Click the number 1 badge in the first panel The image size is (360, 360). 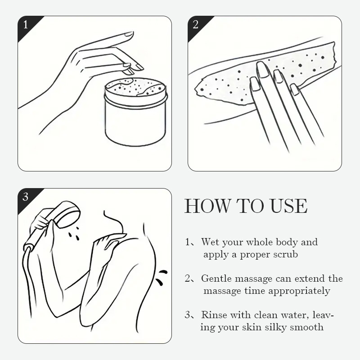click(x=26, y=25)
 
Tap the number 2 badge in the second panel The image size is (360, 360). click(x=195, y=25)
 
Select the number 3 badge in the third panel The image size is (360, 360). click(x=26, y=197)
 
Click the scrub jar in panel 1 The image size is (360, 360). click(x=136, y=112)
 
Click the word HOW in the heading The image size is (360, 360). click(x=207, y=206)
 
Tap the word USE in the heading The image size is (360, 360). click(x=288, y=206)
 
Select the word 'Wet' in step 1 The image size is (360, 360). click(x=210, y=242)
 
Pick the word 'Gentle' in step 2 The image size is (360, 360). click(x=216, y=279)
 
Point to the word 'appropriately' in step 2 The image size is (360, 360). click(x=299, y=291)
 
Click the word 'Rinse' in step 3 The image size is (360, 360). click(x=214, y=315)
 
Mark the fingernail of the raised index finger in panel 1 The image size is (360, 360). click(x=129, y=34)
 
